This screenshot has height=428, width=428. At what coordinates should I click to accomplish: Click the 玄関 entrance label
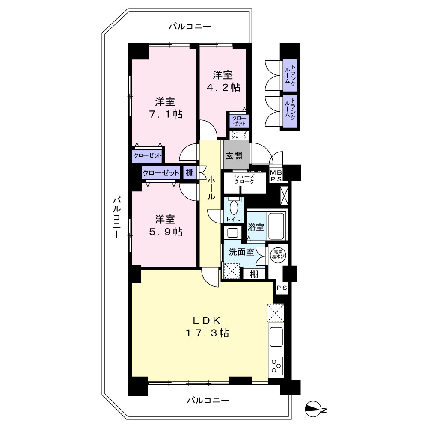pos(234,156)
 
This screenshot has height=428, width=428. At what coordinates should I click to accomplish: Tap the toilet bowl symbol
pos(234,208)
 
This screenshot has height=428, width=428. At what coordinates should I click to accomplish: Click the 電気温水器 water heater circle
pos(278,254)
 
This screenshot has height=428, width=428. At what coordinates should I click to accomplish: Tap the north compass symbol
pos(313,409)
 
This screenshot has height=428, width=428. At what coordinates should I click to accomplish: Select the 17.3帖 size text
pos(207,333)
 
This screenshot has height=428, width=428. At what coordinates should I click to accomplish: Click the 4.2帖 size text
pos(223,87)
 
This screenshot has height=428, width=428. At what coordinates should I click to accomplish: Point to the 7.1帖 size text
pos(165,114)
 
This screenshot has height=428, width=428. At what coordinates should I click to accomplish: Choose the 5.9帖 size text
pos(165,232)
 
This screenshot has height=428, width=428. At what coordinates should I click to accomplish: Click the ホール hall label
pos(211,188)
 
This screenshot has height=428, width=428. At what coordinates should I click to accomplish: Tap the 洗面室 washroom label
pos(241,252)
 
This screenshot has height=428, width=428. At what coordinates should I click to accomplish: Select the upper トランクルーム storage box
pos(290,75)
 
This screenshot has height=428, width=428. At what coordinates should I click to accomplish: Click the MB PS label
pos(276,176)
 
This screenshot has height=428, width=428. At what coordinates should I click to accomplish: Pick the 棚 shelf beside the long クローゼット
pos(190,172)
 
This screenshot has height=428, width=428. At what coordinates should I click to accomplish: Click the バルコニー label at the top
pos(190,27)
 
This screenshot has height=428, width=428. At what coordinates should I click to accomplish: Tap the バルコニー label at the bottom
pos(208,401)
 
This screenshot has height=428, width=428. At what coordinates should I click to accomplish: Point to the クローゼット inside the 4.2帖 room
pos(239,121)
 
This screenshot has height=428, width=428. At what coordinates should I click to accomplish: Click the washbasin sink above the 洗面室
pos(233,233)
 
